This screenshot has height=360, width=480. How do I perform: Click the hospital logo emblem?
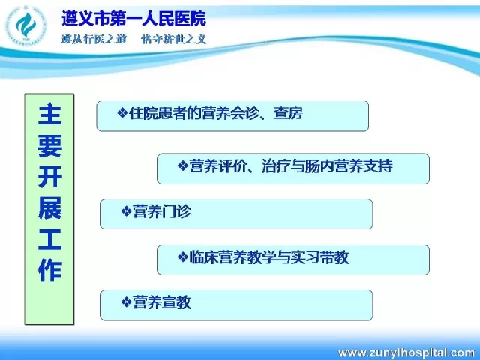point(25,25)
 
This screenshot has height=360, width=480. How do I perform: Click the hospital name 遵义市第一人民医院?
point(133,18)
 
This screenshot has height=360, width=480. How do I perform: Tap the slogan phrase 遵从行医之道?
point(94,39)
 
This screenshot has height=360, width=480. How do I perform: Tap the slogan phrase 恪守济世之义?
point(174,39)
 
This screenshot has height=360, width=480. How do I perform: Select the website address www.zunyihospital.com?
point(406,352)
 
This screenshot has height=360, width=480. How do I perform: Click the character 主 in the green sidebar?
point(49,115)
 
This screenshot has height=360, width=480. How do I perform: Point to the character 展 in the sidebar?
point(49,208)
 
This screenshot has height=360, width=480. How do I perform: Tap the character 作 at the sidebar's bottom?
point(49,271)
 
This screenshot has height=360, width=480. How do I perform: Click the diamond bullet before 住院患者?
point(122,113)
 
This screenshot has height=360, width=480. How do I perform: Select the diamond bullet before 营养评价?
point(183,166)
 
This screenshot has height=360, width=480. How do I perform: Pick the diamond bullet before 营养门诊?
point(126,211)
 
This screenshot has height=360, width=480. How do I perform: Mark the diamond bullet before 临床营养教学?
point(183,256)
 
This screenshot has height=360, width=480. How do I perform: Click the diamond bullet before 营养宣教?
point(126,302)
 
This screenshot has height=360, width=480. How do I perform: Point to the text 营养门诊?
point(162,211)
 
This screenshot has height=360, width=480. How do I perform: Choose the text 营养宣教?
point(162,302)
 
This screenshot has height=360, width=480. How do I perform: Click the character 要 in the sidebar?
point(49,145)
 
